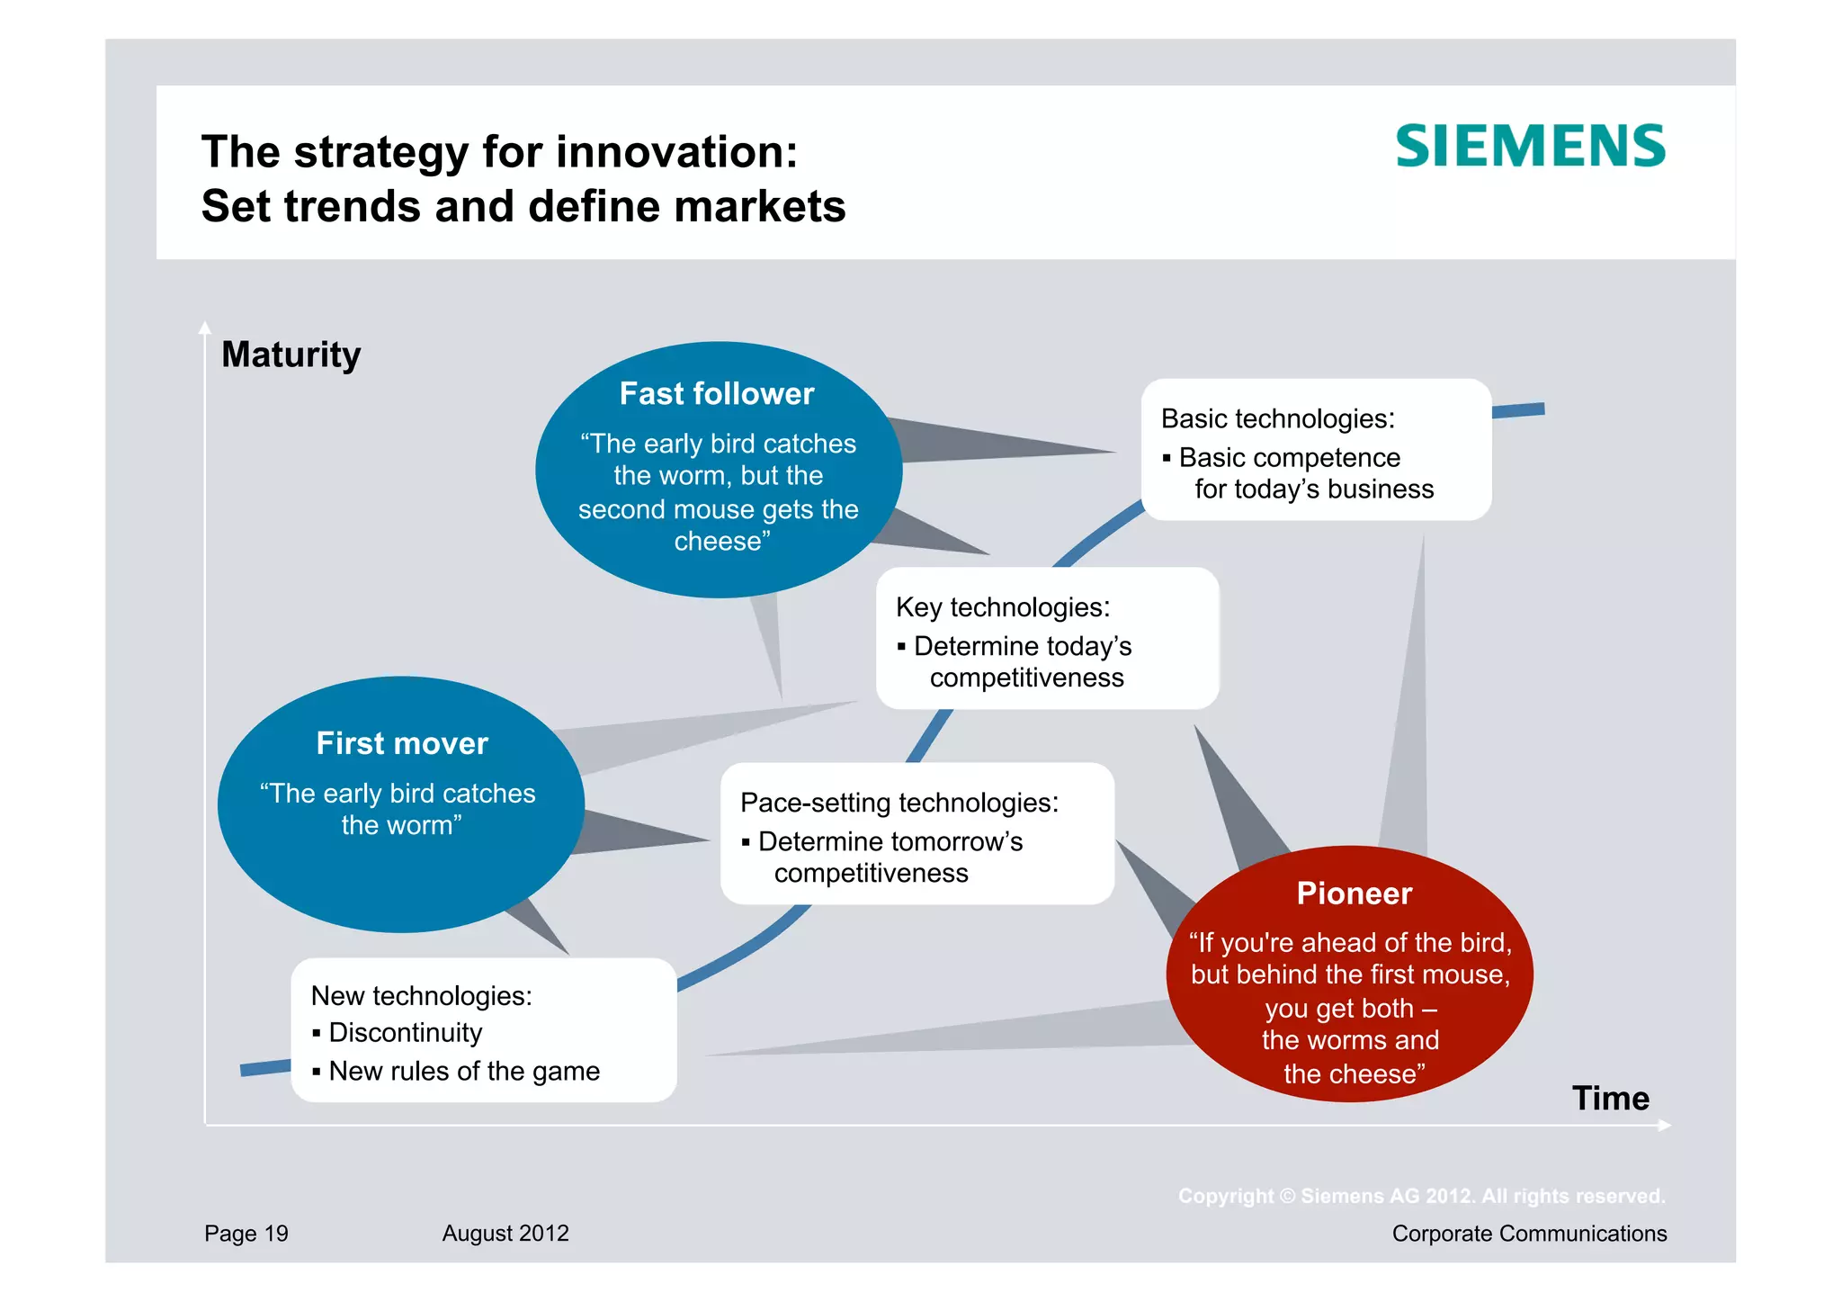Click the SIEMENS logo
pyautogui.click(x=1530, y=147)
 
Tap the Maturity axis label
pyautogui.click(x=291, y=355)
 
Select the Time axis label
pyautogui.click(x=1610, y=1098)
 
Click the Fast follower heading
pyautogui.click(x=717, y=394)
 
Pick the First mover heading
pyautogui.click(x=402, y=743)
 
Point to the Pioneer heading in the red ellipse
pyautogui.click(x=1354, y=893)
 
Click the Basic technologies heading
pyautogui.click(x=1277, y=419)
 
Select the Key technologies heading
pyautogui.click(x=1003, y=607)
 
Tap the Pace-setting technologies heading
pyautogui.click(x=899, y=803)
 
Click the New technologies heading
pyautogui.click(x=421, y=996)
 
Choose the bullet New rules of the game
pyautogui.click(x=463, y=1072)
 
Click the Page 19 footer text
pyautogui.click(x=246, y=1234)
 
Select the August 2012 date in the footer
pyautogui.click(x=505, y=1234)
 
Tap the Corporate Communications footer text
pyautogui.click(x=1529, y=1234)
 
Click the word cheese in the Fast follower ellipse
pyautogui.click(x=717, y=542)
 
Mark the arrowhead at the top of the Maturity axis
pyautogui.click(x=205, y=328)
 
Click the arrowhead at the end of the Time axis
pyautogui.click(x=1665, y=1126)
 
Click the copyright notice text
pyautogui.click(x=1421, y=1197)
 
